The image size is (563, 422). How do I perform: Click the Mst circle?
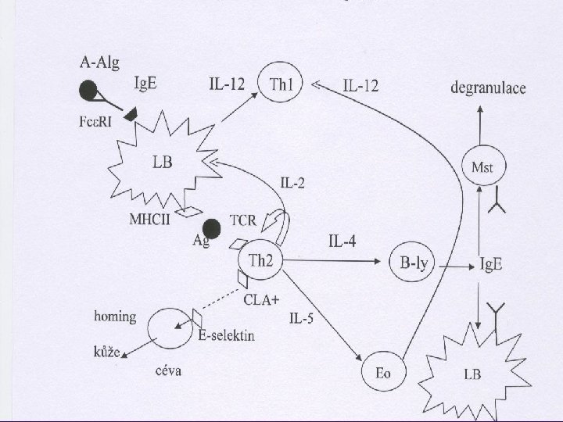482,166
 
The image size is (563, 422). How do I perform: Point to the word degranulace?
487,88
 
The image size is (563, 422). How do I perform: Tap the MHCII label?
149,218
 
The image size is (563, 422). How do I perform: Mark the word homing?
115,316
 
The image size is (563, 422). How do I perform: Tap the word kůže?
106,352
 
